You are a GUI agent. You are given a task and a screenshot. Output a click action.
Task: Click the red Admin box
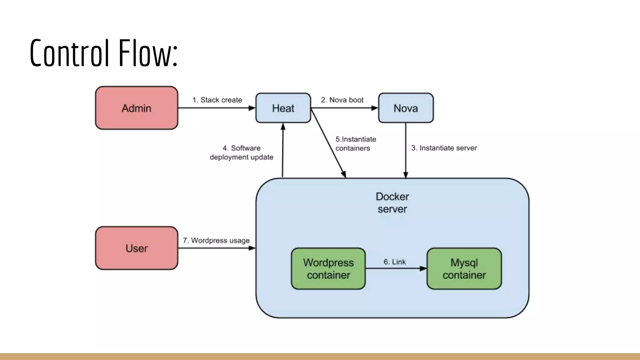point(137,108)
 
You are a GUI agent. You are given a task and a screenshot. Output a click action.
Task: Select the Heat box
point(283,108)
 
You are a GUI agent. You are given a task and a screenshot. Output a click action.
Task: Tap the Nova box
point(406,108)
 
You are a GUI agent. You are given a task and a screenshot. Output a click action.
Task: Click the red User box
point(137,248)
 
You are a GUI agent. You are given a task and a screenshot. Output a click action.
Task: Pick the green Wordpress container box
point(328,269)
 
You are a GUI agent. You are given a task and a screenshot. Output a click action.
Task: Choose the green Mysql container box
point(464,269)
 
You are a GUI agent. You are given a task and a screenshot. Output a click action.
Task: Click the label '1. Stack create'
point(217,100)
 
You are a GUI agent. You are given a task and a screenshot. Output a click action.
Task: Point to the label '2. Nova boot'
point(342,100)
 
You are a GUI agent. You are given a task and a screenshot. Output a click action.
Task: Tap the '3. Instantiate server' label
point(444,148)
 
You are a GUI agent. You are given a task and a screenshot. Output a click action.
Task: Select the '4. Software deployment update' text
point(242,152)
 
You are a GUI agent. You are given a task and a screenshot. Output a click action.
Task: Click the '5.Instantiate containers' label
point(356,144)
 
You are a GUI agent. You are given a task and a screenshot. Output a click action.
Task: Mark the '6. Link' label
point(394,262)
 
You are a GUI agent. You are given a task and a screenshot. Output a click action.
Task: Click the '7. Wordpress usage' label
point(216,241)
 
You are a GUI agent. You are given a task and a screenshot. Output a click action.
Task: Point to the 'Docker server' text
point(392,202)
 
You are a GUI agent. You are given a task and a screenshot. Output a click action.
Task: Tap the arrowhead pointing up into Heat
point(283,127)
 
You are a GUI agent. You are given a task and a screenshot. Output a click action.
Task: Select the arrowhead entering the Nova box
point(374,108)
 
